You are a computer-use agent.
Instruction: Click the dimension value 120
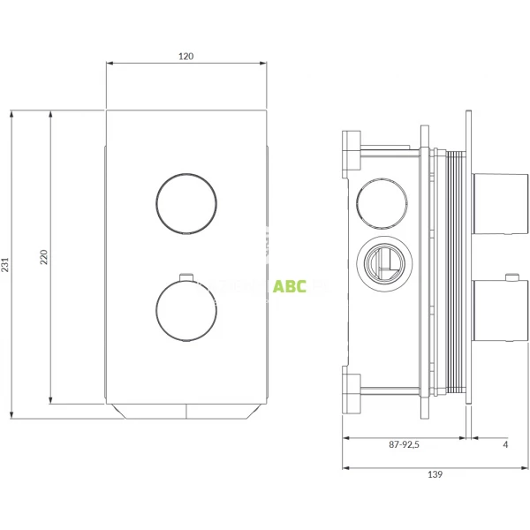pyautogui.click(x=185, y=56)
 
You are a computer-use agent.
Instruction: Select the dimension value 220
pyautogui.click(x=43, y=257)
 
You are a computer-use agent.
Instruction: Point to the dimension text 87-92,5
pyautogui.click(x=403, y=444)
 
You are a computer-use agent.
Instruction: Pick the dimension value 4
pyautogui.click(x=504, y=444)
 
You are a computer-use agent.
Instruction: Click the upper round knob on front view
pyautogui.click(x=185, y=202)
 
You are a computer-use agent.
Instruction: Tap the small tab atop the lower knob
pyautogui.click(x=185, y=275)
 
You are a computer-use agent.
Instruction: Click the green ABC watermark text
pyautogui.click(x=289, y=287)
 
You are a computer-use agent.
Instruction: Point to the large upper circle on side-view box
pyautogui.click(x=381, y=203)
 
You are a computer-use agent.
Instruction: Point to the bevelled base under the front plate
pyautogui.click(x=185, y=410)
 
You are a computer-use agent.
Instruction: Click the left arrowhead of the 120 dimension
pyautogui.click(x=110, y=64)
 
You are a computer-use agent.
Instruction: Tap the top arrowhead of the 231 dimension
pyautogui.click(x=11, y=113)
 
